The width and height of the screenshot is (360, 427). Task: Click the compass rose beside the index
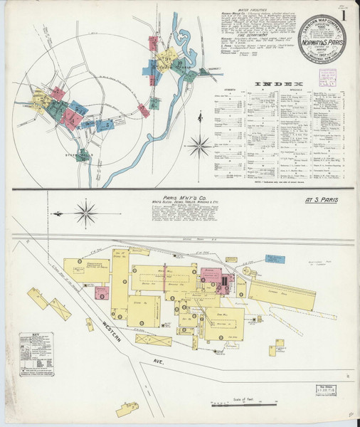point(200,145)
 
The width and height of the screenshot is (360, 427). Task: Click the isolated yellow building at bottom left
point(127,408)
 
